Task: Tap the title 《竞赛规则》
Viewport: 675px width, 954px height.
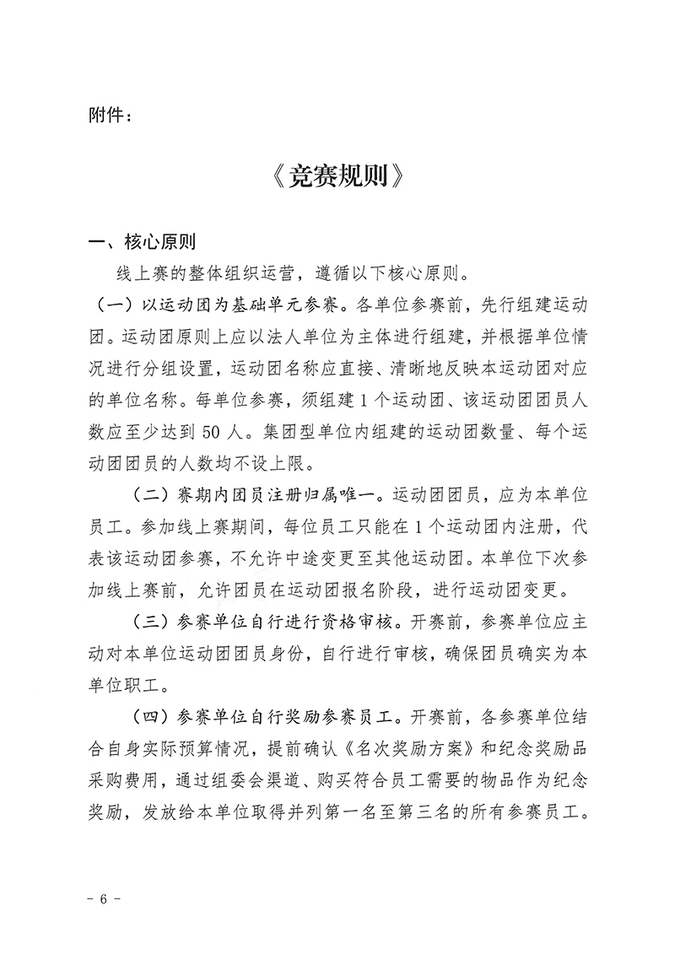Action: (x=337, y=178)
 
